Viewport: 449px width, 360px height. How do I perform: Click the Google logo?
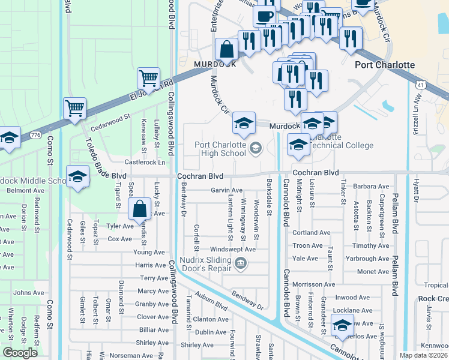click(x=20, y=353)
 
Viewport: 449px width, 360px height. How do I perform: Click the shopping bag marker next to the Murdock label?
click(x=227, y=49)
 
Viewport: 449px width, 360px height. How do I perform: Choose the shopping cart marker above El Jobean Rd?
click(x=148, y=77)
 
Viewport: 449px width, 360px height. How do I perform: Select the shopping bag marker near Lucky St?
click(x=139, y=209)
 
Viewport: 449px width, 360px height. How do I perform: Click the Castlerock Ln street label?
click(x=145, y=162)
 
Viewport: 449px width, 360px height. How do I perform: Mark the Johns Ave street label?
click(x=29, y=293)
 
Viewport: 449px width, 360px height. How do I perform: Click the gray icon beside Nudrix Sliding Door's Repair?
click(x=241, y=262)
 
